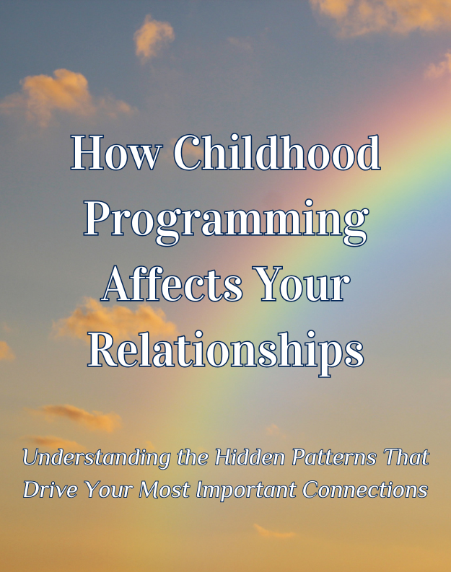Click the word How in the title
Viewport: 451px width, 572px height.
(115, 152)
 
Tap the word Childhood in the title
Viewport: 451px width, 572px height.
(277, 152)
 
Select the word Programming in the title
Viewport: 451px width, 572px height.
(226, 221)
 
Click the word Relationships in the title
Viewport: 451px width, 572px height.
(226, 351)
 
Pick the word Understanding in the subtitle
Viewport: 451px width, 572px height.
(96, 458)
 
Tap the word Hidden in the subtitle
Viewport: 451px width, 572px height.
(250, 457)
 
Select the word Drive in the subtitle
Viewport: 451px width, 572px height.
(51, 489)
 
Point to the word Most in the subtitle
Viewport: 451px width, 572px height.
(164, 489)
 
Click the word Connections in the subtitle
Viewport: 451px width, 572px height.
(365, 489)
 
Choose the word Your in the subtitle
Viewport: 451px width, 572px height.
(108, 489)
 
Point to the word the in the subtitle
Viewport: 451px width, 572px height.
(193, 457)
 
